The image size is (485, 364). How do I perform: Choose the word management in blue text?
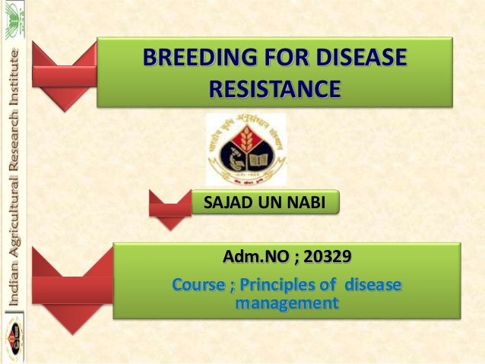287,304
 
